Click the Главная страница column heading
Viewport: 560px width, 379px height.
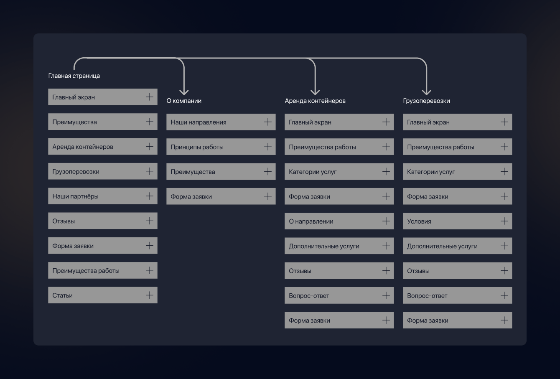pyautogui.click(x=74, y=76)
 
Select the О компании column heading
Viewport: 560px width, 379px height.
pyautogui.click(x=184, y=101)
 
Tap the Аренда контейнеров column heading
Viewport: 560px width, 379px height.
pyautogui.click(x=315, y=101)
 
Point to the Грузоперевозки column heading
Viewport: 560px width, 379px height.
pyautogui.click(x=426, y=101)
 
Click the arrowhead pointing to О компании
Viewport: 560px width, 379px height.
pyautogui.click(x=184, y=92)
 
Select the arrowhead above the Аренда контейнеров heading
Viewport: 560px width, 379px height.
pyautogui.click(x=315, y=92)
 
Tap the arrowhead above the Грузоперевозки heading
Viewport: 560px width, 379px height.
pyautogui.click(x=427, y=92)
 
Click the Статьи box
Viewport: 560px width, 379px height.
pyautogui.click(x=103, y=295)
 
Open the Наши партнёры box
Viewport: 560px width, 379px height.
pyautogui.click(x=103, y=196)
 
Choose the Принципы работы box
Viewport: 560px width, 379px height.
pyautogui.click(x=221, y=147)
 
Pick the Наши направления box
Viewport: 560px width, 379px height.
pyautogui.click(x=221, y=122)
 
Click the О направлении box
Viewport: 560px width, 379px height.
pyautogui.click(x=339, y=221)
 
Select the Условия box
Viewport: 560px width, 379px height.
pyautogui.click(x=458, y=221)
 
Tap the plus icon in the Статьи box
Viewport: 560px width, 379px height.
pyautogui.click(x=150, y=295)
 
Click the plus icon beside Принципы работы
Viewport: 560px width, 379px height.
pyautogui.click(x=268, y=147)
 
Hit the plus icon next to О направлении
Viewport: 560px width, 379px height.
pyautogui.click(x=386, y=221)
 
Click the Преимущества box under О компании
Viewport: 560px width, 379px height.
pyautogui.click(x=221, y=171)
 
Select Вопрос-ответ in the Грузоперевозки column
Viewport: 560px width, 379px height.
pyautogui.click(x=458, y=295)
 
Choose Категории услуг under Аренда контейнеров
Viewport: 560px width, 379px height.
pyautogui.click(x=339, y=171)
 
